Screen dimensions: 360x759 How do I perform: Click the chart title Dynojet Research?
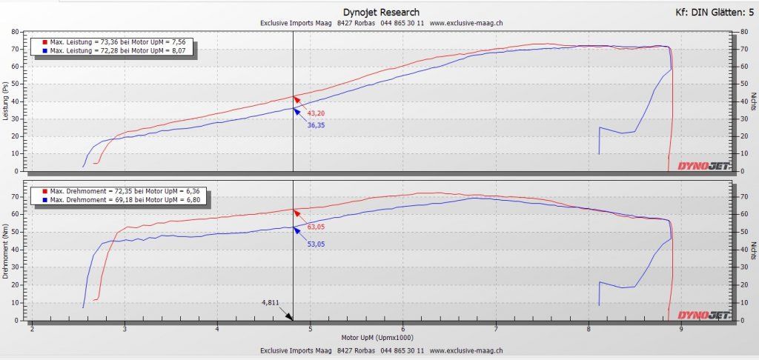coord(381,12)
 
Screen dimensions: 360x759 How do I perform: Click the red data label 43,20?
coord(316,113)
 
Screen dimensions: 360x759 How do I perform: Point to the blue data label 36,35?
coord(316,126)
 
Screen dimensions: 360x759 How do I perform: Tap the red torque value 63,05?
coord(316,228)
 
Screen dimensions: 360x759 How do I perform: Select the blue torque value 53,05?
coord(316,244)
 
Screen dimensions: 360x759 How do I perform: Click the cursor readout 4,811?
coord(272,303)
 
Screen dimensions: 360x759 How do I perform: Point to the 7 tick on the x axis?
coord(496,329)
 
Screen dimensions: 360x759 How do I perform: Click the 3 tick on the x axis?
coord(125,329)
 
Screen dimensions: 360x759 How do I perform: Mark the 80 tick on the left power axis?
coord(15,32)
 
